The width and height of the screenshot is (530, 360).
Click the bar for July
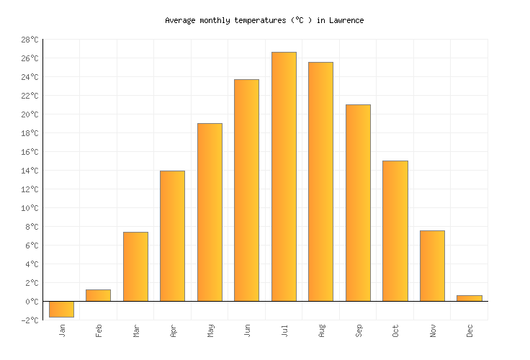284,176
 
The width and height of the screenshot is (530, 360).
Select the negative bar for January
61,309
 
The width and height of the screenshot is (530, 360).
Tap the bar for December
470,298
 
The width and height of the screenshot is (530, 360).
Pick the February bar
98,295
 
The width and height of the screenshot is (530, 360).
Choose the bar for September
358,203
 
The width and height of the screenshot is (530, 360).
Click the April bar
172,236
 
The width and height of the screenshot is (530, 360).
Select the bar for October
395,231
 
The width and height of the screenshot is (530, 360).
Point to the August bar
320,181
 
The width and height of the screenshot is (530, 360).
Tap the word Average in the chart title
180,20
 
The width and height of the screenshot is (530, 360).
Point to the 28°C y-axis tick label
30,40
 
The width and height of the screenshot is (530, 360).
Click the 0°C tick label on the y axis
32,302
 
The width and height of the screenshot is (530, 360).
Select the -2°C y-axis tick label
30,320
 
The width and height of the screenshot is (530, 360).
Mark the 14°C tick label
30,171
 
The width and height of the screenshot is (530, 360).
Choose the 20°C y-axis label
30,114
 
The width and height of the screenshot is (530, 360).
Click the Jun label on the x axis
247,330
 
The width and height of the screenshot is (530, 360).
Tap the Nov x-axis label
433,330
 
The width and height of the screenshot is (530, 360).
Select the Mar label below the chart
136,330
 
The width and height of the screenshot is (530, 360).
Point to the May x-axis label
210,330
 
